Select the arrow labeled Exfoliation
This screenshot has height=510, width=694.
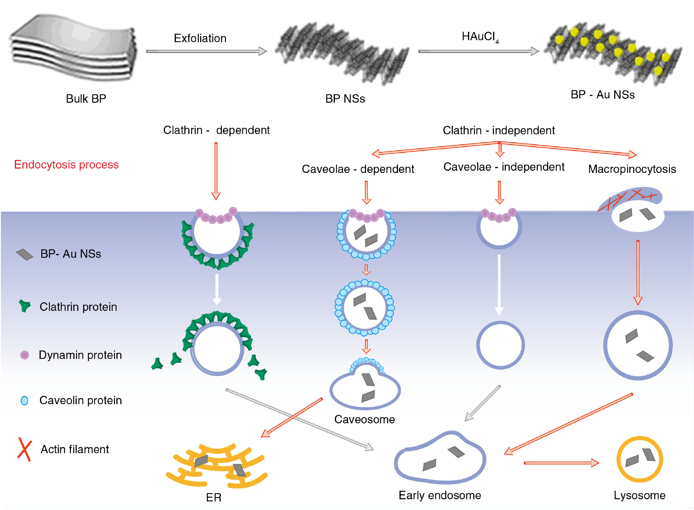point(206,51)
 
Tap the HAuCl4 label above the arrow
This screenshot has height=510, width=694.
point(480,37)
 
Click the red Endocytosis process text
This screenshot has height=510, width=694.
point(66,165)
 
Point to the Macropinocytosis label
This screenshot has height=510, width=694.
point(632,169)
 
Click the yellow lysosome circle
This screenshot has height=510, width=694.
point(640,459)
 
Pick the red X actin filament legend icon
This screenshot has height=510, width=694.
point(24,449)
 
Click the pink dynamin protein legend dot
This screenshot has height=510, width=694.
point(24,355)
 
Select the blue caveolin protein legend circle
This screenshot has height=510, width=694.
point(24,401)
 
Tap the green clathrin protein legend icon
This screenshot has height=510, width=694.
point(25,306)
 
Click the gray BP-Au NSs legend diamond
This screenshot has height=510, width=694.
point(24,255)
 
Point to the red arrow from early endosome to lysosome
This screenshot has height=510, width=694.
point(561,463)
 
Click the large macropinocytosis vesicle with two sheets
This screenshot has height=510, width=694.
point(638,345)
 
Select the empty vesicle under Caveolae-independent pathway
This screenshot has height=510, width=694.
point(500,345)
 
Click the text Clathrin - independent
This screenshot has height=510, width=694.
point(499,131)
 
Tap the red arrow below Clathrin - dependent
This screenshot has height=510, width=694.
point(216,171)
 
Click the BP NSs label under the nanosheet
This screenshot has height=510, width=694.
point(345,99)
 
